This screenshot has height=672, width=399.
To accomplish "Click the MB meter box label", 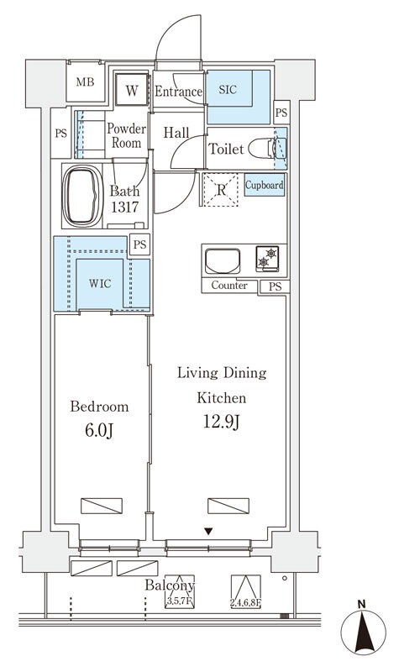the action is (85, 81).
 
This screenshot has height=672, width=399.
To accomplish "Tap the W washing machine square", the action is (132, 90).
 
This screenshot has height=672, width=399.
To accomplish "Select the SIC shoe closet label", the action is (228, 90).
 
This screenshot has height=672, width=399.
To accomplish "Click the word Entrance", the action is (178, 92).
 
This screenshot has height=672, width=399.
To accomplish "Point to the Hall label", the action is (176, 133).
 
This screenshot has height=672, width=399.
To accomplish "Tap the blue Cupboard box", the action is (265, 185).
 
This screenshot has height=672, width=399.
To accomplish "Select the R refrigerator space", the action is (220, 190).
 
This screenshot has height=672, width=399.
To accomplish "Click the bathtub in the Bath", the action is (82, 196).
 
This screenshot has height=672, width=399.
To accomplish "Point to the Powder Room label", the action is (126, 135).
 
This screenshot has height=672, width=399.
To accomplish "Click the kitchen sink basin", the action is (223, 260).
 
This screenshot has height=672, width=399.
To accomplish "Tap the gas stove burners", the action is (267, 259).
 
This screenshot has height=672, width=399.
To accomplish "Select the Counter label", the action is (229, 286).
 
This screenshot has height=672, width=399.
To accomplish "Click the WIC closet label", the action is (100, 283).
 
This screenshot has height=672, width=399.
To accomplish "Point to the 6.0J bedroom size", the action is (99, 431).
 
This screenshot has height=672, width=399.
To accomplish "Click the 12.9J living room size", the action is (221, 423).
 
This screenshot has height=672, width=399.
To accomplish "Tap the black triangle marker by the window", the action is (208, 532).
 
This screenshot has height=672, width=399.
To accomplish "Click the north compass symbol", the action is (364, 633).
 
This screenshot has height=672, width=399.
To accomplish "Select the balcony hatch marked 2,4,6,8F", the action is (246, 591).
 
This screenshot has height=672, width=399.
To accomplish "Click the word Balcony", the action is (170, 585).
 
